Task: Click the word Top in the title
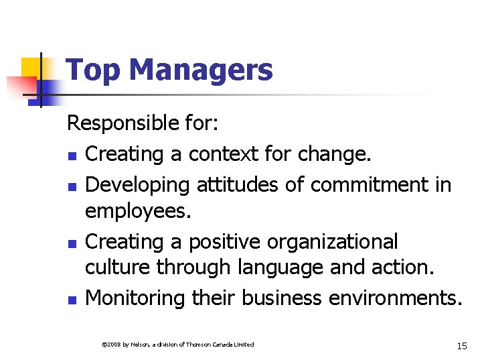click(x=90, y=70)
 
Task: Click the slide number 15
click(x=461, y=345)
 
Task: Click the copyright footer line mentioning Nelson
click(x=177, y=345)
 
